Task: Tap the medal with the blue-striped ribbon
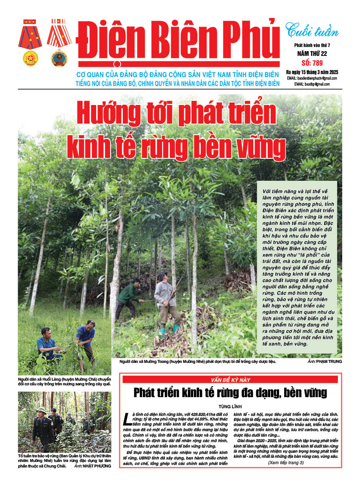click(30, 42)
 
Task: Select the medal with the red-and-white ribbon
click(59, 42)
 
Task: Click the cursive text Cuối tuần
click(312, 31)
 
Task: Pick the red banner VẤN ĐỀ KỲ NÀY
click(231, 379)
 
